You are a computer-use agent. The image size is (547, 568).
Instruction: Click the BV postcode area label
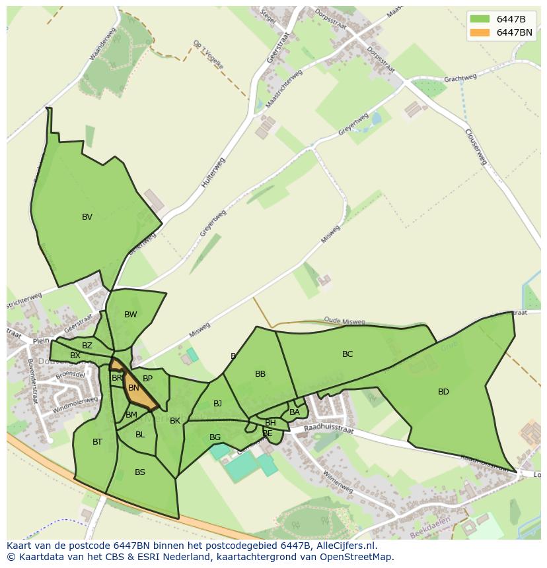coord(87,217)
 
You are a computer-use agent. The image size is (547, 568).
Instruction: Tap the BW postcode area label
coord(131,315)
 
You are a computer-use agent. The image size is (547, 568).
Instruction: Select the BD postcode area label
coord(443,392)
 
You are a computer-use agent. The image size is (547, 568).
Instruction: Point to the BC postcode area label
coord(347,354)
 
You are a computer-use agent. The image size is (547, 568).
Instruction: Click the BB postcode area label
coord(260,374)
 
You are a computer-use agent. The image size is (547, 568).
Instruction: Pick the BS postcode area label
coord(140,472)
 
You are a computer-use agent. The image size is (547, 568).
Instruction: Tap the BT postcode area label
coord(97,442)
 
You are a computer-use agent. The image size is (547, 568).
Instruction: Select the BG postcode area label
coord(215,437)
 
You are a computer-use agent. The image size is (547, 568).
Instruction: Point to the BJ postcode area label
coord(217,404)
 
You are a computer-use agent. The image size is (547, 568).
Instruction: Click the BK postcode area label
coord(175,421)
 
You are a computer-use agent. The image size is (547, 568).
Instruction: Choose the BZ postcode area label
coord(87,346)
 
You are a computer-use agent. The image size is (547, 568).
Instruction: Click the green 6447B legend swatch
coord(480,18)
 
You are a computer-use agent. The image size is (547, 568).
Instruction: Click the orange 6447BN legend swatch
coord(480,32)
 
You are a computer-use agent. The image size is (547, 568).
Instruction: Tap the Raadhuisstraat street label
coord(328,429)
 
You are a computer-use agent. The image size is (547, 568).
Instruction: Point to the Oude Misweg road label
coord(344,321)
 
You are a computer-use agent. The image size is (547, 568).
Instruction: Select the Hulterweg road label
coord(214,173)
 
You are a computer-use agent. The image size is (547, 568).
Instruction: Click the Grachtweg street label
coord(460,79)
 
